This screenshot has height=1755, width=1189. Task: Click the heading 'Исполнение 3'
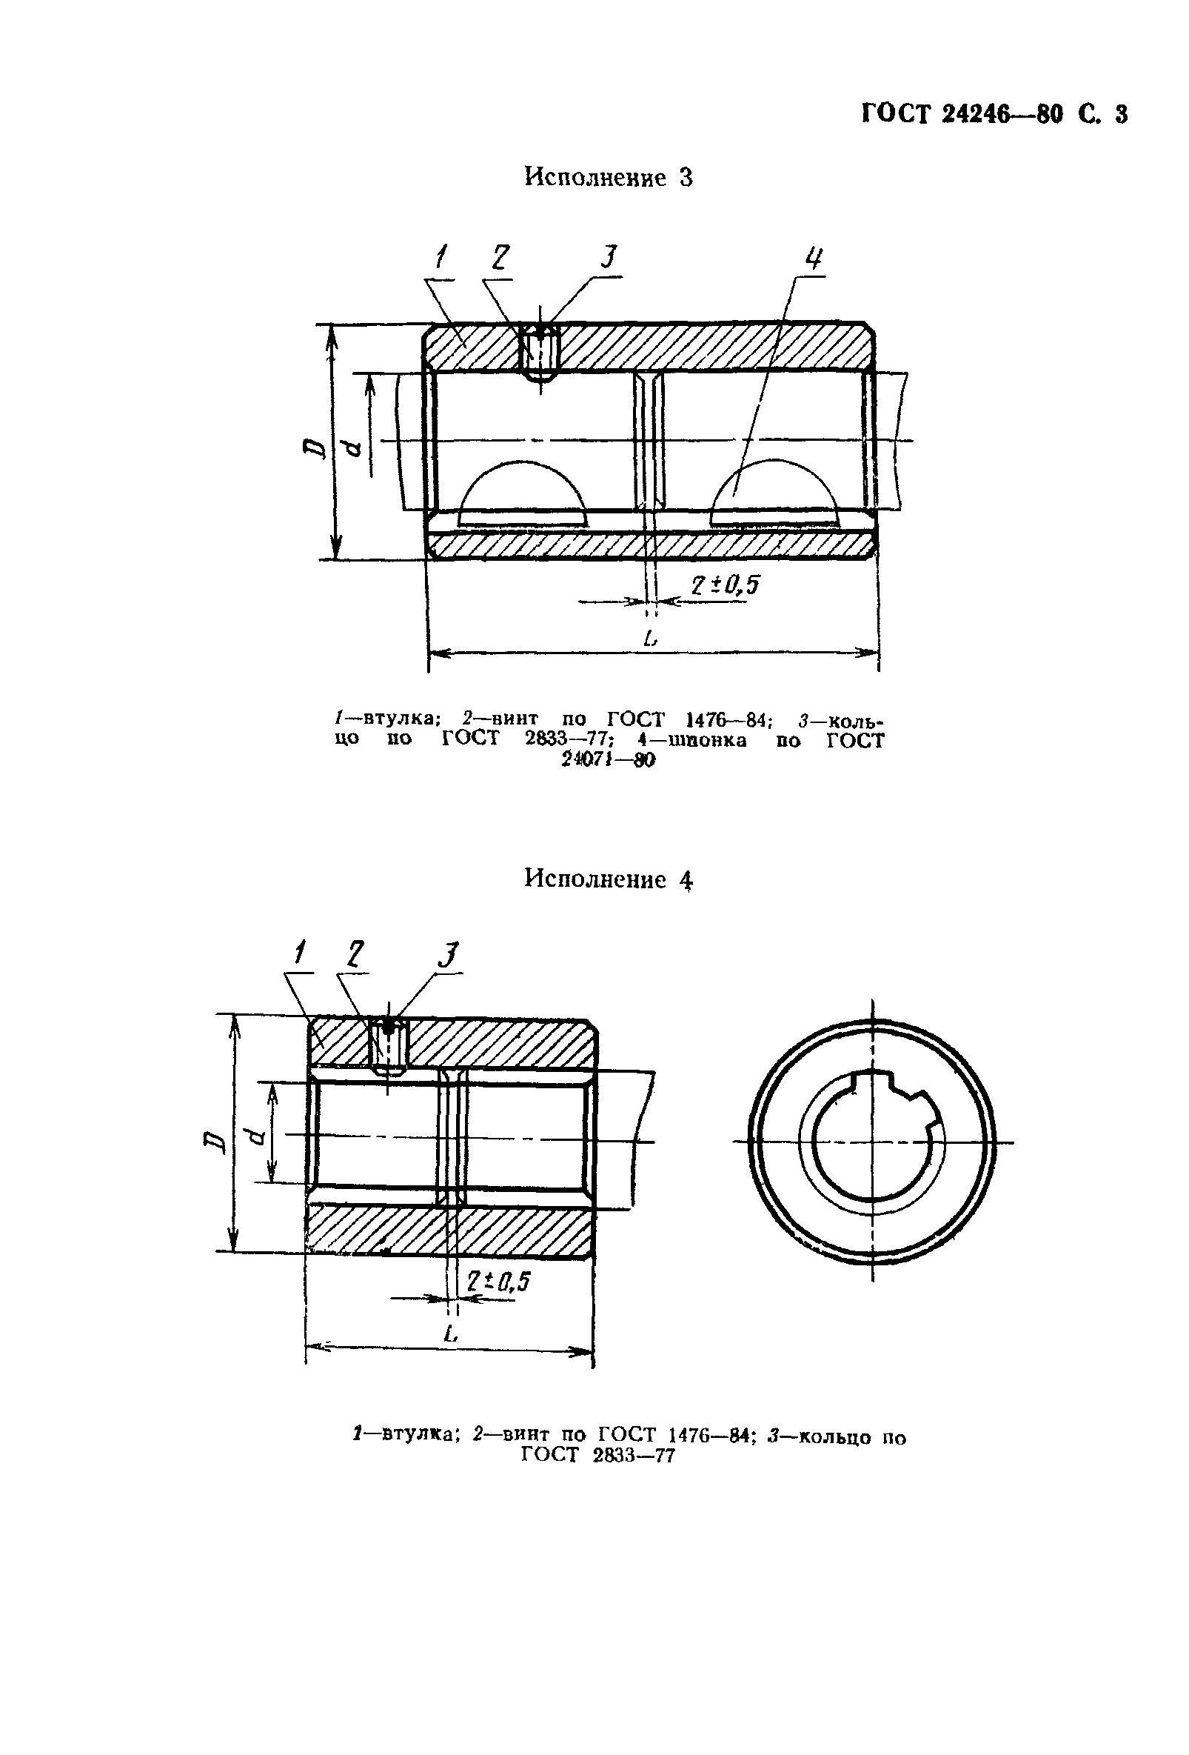[x=608, y=179]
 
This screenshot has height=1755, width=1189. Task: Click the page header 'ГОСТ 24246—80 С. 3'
[x=994, y=114]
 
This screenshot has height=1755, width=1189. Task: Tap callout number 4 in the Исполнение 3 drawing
[x=813, y=259]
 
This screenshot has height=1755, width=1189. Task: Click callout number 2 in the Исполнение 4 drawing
[x=355, y=955]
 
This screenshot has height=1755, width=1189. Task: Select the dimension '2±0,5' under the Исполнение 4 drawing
[x=498, y=1281]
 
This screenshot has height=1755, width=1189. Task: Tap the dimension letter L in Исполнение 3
[x=650, y=638]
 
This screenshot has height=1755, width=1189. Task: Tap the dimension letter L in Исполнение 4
[x=451, y=1333]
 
